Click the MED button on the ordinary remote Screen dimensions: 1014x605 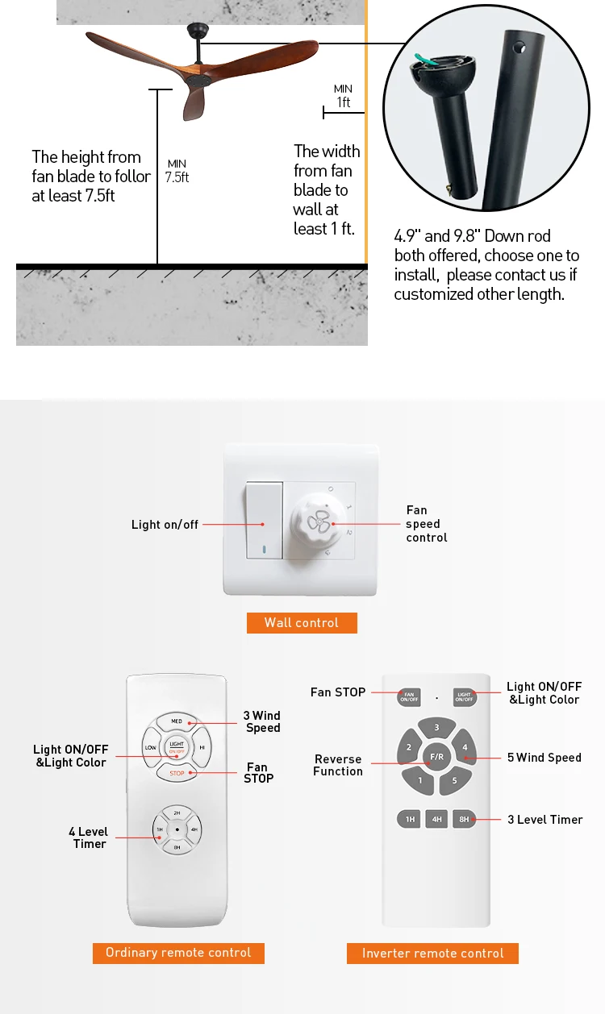pos(177,721)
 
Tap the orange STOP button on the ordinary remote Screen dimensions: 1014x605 pos(177,774)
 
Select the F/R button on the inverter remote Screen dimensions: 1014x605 pos(436,757)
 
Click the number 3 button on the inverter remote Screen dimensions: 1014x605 pos(436,728)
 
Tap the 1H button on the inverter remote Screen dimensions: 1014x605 pos(410,820)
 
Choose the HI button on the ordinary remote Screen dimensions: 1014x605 pos(202,747)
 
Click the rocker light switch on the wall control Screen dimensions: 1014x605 pos(264,521)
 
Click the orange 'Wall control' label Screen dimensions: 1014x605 pos(302,622)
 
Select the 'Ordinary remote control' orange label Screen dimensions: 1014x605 pos(178,953)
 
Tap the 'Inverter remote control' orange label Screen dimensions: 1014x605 pos(432,954)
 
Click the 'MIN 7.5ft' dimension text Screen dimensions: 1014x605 pos(177,171)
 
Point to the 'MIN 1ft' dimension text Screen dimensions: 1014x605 pos(344,96)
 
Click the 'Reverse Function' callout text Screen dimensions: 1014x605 pos(338,765)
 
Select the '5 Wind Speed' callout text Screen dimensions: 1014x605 pos(544,758)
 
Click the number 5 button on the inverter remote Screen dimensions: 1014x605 pos(454,780)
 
